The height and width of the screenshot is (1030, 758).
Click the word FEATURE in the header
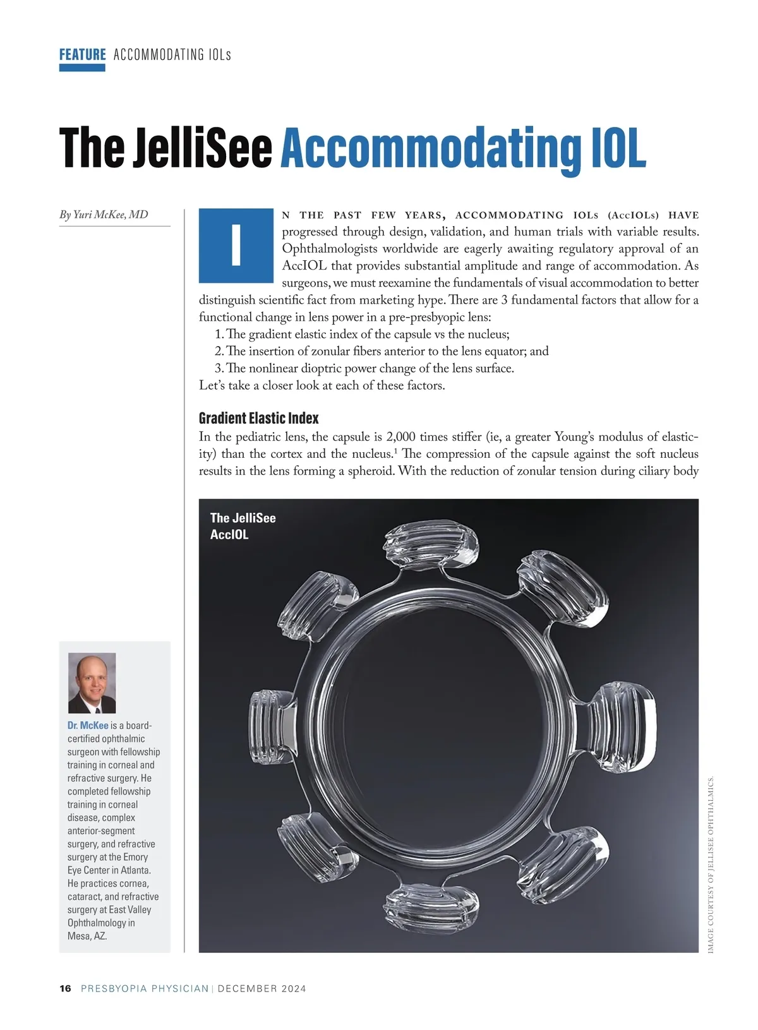[82, 54]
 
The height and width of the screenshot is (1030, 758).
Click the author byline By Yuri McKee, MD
[104, 215]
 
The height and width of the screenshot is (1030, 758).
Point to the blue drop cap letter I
[236, 245]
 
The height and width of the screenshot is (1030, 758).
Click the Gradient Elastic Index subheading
[258, 418]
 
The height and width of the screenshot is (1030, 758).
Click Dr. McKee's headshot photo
[92, 683]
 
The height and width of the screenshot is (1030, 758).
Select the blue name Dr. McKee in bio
[88, 726]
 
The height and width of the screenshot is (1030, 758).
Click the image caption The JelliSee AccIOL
[243, 526]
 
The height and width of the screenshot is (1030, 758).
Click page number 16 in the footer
[65, 988]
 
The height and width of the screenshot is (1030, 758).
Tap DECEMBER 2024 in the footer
[262, 988]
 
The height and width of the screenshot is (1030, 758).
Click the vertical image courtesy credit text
[710, 865]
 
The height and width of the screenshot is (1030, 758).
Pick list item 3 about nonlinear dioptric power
[364, 368]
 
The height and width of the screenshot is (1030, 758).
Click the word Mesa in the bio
[80, 936]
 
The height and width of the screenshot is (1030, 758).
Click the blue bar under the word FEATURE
[82, 68]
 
